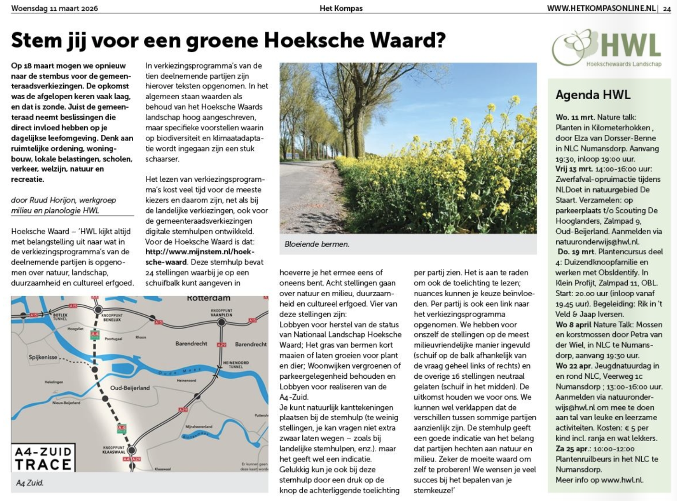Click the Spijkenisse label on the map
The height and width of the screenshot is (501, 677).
(x=43, y=357)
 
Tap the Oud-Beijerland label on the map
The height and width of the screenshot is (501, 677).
(x=130, y=387)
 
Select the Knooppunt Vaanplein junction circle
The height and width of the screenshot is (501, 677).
(x=221, y=322)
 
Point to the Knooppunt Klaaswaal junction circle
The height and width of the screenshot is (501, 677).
(x=131, y=450)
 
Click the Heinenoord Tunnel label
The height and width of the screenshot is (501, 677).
(x=236, y=364)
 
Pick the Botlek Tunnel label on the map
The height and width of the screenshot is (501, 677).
(x=60, y=316)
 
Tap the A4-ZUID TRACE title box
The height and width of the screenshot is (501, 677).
(x=43, y=458)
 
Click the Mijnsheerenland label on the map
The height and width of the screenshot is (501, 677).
(x=199, y=427)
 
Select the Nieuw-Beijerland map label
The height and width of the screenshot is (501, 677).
(x=66, y=403)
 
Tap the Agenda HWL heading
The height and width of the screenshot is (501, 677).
(x=593, y=95)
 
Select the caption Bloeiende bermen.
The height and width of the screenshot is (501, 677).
(x=317, y=244)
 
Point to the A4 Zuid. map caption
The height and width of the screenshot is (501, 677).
(x=30, y=483)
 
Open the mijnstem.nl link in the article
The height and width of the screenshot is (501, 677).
(x=199, y=257)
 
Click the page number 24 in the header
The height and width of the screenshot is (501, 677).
(x=667, y=8)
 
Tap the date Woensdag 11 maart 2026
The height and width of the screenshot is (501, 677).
(x=54, y=8)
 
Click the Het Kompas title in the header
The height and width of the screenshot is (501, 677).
(x=341, y=8)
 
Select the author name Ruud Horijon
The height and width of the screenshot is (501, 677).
(x=73, y=200)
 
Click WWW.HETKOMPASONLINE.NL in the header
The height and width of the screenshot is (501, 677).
(x=601, y=8)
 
